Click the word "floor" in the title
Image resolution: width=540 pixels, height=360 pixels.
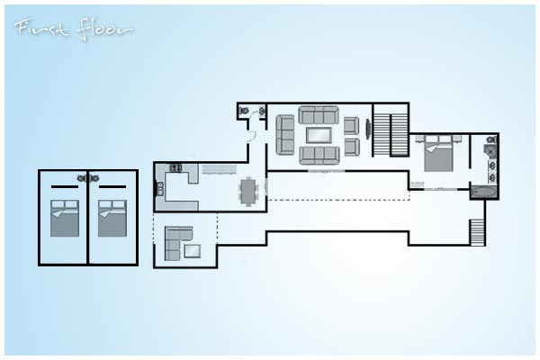pos(104,31)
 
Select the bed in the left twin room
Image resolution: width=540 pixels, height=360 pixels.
pos(65,219)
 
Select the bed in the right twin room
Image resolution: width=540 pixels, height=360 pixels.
pos(112,219)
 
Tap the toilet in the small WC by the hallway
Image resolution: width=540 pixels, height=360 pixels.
pos(244,111)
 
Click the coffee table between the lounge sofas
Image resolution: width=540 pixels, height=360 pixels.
pos(319,135)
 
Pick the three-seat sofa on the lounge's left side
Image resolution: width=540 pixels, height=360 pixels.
pos(285,135)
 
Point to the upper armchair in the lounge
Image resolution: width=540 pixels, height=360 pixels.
pos(352,125)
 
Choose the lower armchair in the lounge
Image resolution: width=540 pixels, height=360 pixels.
pos(352,147)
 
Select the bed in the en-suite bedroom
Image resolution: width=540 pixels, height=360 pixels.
pos(438,153)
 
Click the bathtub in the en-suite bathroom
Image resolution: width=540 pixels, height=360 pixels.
pos(484,192)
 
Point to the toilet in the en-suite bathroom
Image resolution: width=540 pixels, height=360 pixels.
pos(491,139)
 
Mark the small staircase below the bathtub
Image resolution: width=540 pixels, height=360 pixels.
pos(477,232)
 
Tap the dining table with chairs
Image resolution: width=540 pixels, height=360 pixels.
pos(248,192)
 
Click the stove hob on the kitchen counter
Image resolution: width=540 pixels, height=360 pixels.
pos(175,167)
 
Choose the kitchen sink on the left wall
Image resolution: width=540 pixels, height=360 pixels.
pos(160,189)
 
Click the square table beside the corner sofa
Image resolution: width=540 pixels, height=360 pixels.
pos(193,251)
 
